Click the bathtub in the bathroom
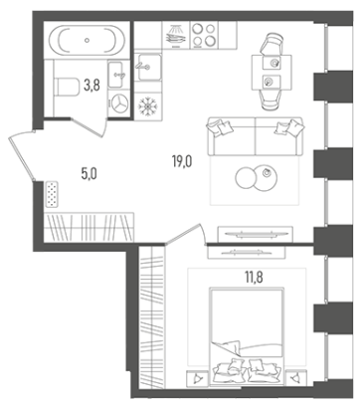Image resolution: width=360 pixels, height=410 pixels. click(87, 40)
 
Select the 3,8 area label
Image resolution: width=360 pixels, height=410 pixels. click(91, 86)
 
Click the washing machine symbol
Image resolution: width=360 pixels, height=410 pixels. click(119, 103)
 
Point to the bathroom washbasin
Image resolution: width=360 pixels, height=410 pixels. click(117, 75)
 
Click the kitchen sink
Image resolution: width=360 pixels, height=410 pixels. click(148, 67)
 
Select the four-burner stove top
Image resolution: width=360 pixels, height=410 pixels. click(204, 35)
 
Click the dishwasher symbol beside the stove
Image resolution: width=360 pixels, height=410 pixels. click(176, 35)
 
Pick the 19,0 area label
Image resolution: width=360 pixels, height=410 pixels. click(182, 162)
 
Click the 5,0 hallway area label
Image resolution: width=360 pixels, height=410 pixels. click(89, 173)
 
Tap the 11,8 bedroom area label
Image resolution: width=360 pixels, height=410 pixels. click(254, 277)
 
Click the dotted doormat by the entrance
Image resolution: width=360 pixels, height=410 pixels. click(52, 194)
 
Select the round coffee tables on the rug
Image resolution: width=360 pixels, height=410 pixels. click(257, 178)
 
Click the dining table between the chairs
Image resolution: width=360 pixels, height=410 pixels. click(271, 73)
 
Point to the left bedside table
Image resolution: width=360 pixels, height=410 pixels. click(198, 378)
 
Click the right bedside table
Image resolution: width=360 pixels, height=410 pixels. click(295, 378)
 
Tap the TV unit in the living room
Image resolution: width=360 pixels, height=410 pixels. click(256, 234)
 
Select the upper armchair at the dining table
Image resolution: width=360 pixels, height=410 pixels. click(272, 44)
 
